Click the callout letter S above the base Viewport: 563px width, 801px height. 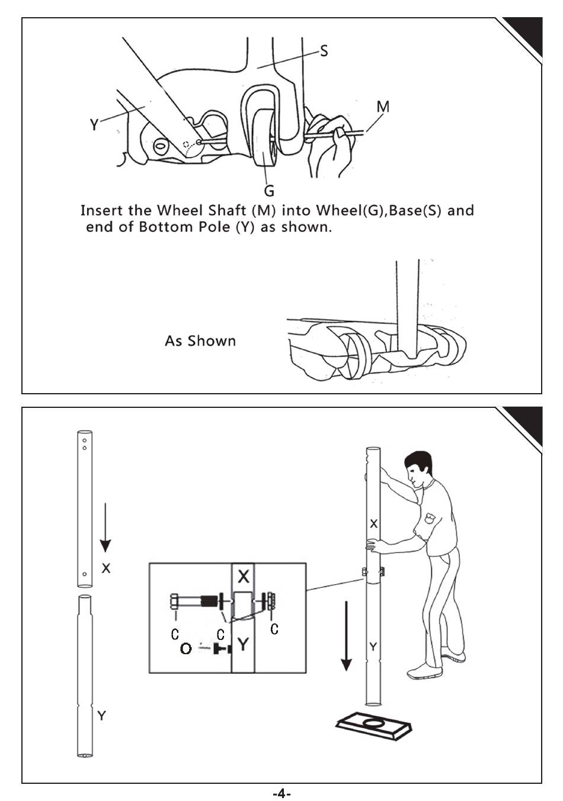point(324,52)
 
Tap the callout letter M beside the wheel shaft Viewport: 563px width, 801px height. point(383,107)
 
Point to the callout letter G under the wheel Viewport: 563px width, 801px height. point(269,191)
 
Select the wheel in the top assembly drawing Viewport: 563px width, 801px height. point(264,143)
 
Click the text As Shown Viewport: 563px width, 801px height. point(200,341)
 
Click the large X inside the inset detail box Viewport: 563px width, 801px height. point(243,576)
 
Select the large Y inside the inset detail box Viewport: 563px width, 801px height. point(242,644)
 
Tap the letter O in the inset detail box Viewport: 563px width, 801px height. point(185,649)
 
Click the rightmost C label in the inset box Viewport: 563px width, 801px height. point(274,629)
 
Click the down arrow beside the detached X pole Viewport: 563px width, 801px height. point(105,527)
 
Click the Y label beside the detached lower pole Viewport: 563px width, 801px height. point(102,716)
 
